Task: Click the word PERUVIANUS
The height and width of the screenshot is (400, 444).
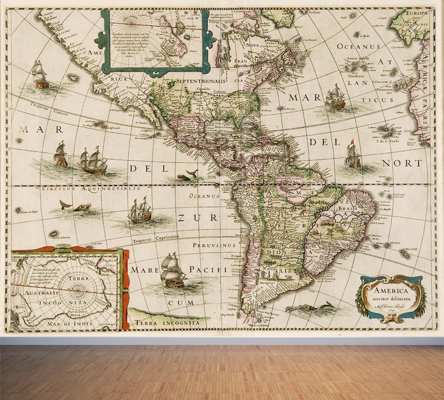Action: (214, 244)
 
